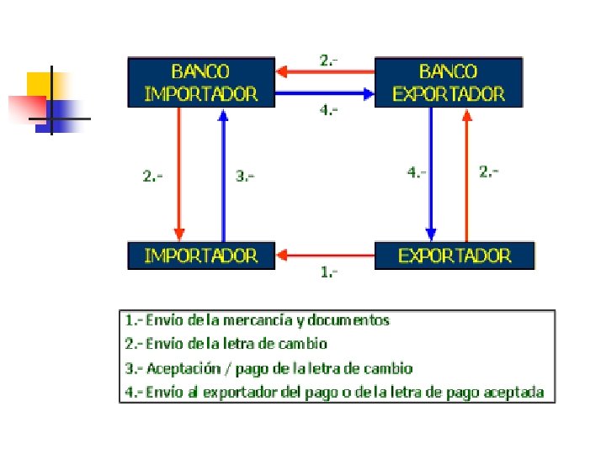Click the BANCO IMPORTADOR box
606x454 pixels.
201,82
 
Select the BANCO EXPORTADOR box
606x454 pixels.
449,82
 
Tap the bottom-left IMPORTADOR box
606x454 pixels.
201,256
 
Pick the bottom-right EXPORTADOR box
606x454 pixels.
454,256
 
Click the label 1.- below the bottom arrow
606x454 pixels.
329,272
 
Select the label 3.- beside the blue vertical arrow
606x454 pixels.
245,176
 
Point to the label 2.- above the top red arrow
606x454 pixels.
329,60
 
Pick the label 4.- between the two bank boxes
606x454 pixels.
329,110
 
